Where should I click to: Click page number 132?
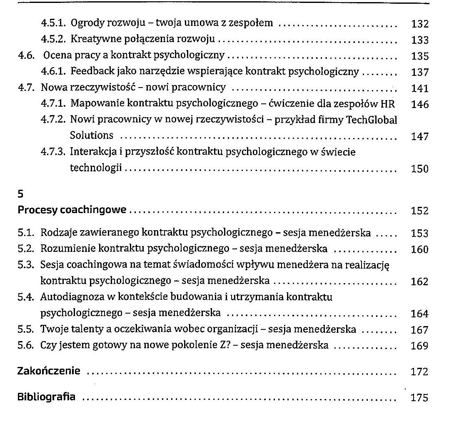click(419, 24)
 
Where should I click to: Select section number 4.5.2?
click(54, 40)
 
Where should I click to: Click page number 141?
click(419, 88)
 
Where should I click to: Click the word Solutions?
click(91, 136)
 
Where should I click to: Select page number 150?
click(419, 169)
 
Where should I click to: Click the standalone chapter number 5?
click(20, 194)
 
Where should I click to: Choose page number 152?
click(419, 211)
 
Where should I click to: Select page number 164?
click(419, 314)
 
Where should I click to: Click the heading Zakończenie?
click(49, 371)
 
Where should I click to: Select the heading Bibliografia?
click(46, 397)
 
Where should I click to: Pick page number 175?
click(419, 397)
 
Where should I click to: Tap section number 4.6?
click(26, 55)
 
